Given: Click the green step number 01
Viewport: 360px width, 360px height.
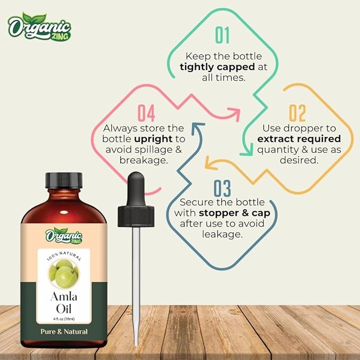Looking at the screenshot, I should point(222,35).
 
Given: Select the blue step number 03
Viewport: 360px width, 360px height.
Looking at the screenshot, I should point(222,188).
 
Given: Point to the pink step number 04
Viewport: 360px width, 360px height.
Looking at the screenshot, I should point(146,113).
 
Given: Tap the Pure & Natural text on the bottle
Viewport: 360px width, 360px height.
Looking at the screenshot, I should point(63,331).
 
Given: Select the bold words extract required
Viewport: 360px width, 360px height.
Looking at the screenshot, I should point(298,139).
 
